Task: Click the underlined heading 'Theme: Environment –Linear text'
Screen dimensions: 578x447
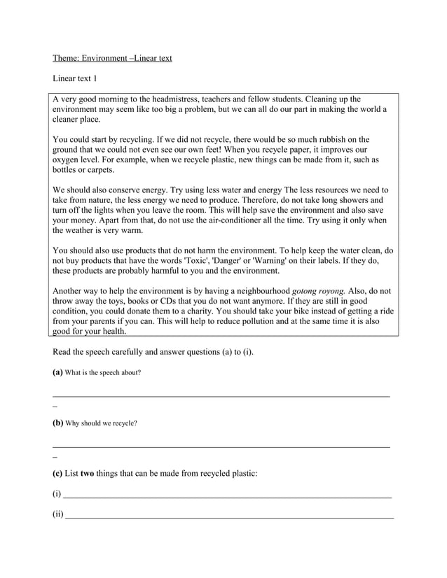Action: pyautogui.click(x=112, y=58)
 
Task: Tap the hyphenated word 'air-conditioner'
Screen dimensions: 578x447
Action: pyautogui.click(x=238, y=220)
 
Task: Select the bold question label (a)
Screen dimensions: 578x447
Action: pyautogui.click(x=58, y=372)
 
